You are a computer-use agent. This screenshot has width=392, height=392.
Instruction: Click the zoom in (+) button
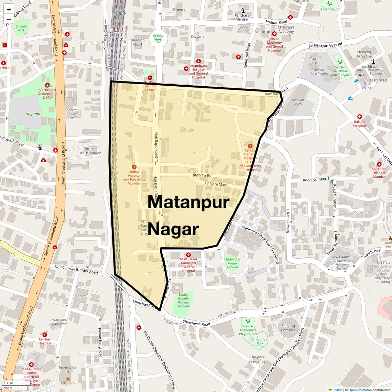tap(9, 10)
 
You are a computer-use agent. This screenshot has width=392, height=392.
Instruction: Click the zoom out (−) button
tap(9, 19)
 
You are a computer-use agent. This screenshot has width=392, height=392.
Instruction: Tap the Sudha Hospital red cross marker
tap(134, 167)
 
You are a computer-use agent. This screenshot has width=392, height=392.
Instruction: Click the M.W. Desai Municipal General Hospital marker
tap(188, 255)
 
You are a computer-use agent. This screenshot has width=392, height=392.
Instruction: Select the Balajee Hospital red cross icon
tap(359, 117)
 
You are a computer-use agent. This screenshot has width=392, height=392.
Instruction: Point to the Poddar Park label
tap(158, 37)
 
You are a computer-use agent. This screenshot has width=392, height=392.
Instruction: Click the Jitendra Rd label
tap(202, 175)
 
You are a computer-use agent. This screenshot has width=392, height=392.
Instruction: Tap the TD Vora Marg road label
tap(216, 184)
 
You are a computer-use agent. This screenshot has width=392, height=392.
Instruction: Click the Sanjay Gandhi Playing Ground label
tap(183, 300)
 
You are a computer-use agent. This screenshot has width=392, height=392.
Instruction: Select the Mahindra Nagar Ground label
tap(232, 263)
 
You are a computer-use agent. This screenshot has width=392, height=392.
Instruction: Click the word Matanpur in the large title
tap(188, 202)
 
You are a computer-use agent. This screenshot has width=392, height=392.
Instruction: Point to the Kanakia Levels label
tap(298, 102)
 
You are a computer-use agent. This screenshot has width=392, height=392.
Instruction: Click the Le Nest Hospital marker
tap(45, 335)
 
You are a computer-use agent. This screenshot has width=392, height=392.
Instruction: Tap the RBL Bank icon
tap(68, 379)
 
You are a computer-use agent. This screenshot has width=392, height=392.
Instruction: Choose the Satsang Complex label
tap(288, 328)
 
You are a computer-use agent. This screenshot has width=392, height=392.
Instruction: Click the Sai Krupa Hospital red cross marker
tap(379, 164)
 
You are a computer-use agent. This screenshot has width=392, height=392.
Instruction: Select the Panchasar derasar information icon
tap(243, 11)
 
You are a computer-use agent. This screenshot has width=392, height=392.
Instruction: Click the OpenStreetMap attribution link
tap(360, 390)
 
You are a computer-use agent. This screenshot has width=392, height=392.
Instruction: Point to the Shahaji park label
tap(21, 28)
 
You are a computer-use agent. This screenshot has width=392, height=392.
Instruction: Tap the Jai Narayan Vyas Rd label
tap(325, 45)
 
